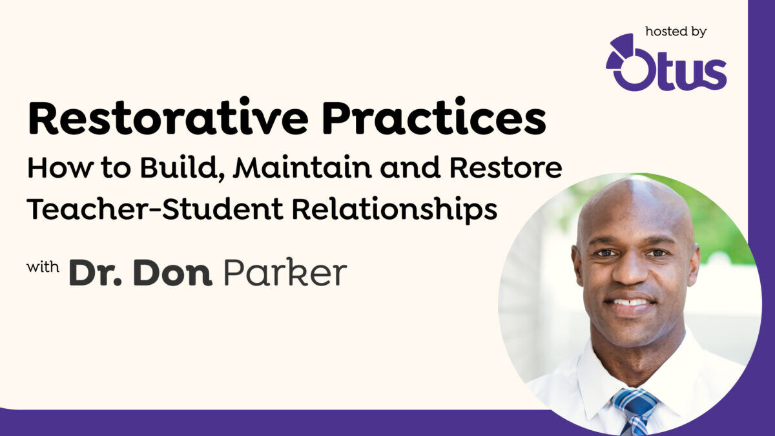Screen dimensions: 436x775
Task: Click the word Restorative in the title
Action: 169,120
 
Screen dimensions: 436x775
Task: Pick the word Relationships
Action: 377,209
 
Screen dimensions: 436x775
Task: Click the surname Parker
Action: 285,273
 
